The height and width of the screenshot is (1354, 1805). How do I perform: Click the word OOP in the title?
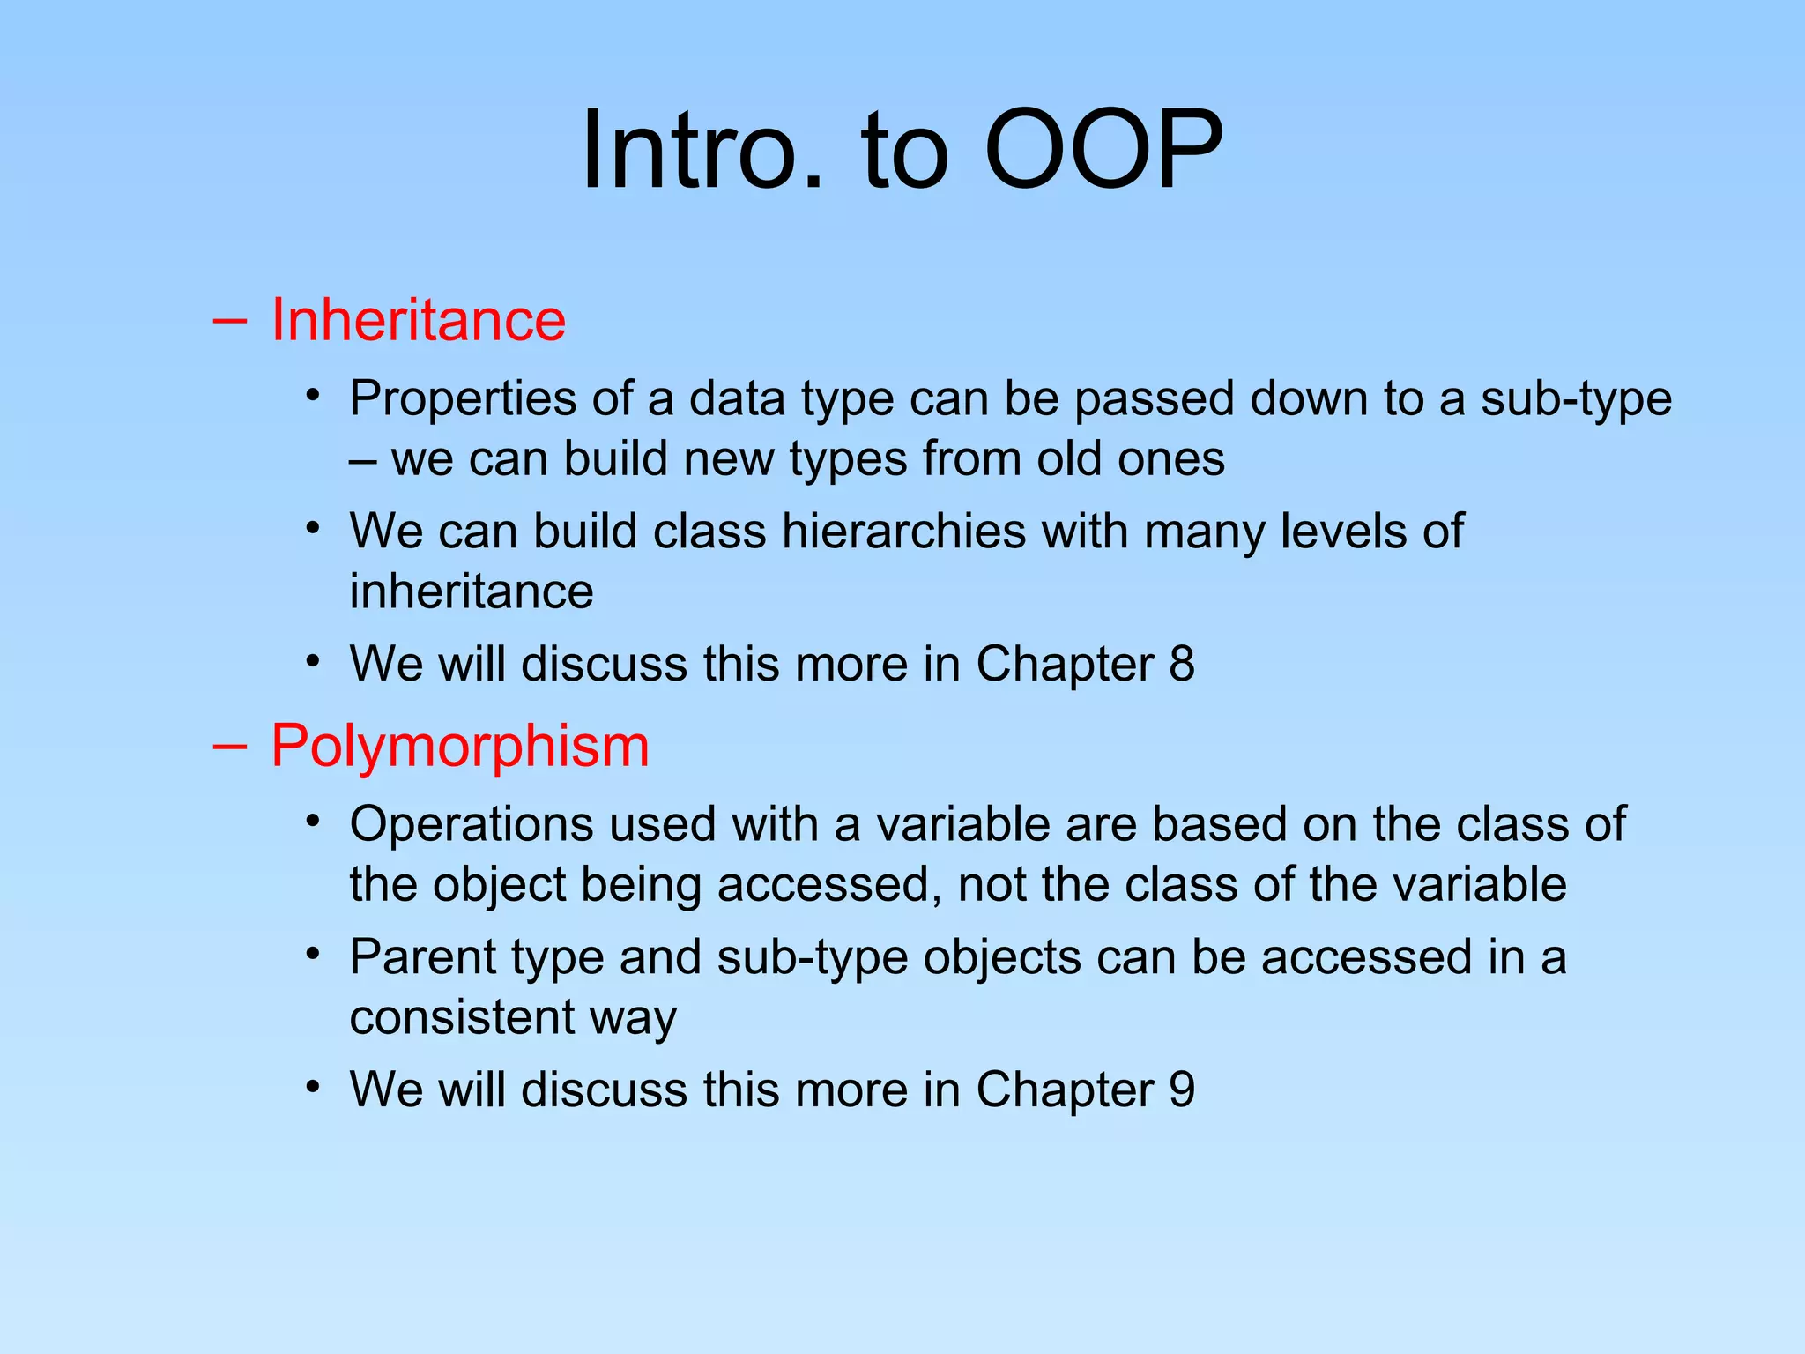[1103, 150]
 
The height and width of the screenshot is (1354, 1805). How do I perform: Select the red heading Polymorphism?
[459, 746]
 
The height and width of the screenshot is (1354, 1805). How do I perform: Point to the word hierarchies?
[903, 532]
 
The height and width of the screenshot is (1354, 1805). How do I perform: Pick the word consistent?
[462, 1017]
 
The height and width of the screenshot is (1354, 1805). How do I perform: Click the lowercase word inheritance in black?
[471, 591]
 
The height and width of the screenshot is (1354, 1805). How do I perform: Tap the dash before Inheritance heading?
[229, 321]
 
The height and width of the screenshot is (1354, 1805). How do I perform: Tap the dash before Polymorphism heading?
[229, 748]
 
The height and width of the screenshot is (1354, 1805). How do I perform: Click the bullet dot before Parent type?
[312, 954]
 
